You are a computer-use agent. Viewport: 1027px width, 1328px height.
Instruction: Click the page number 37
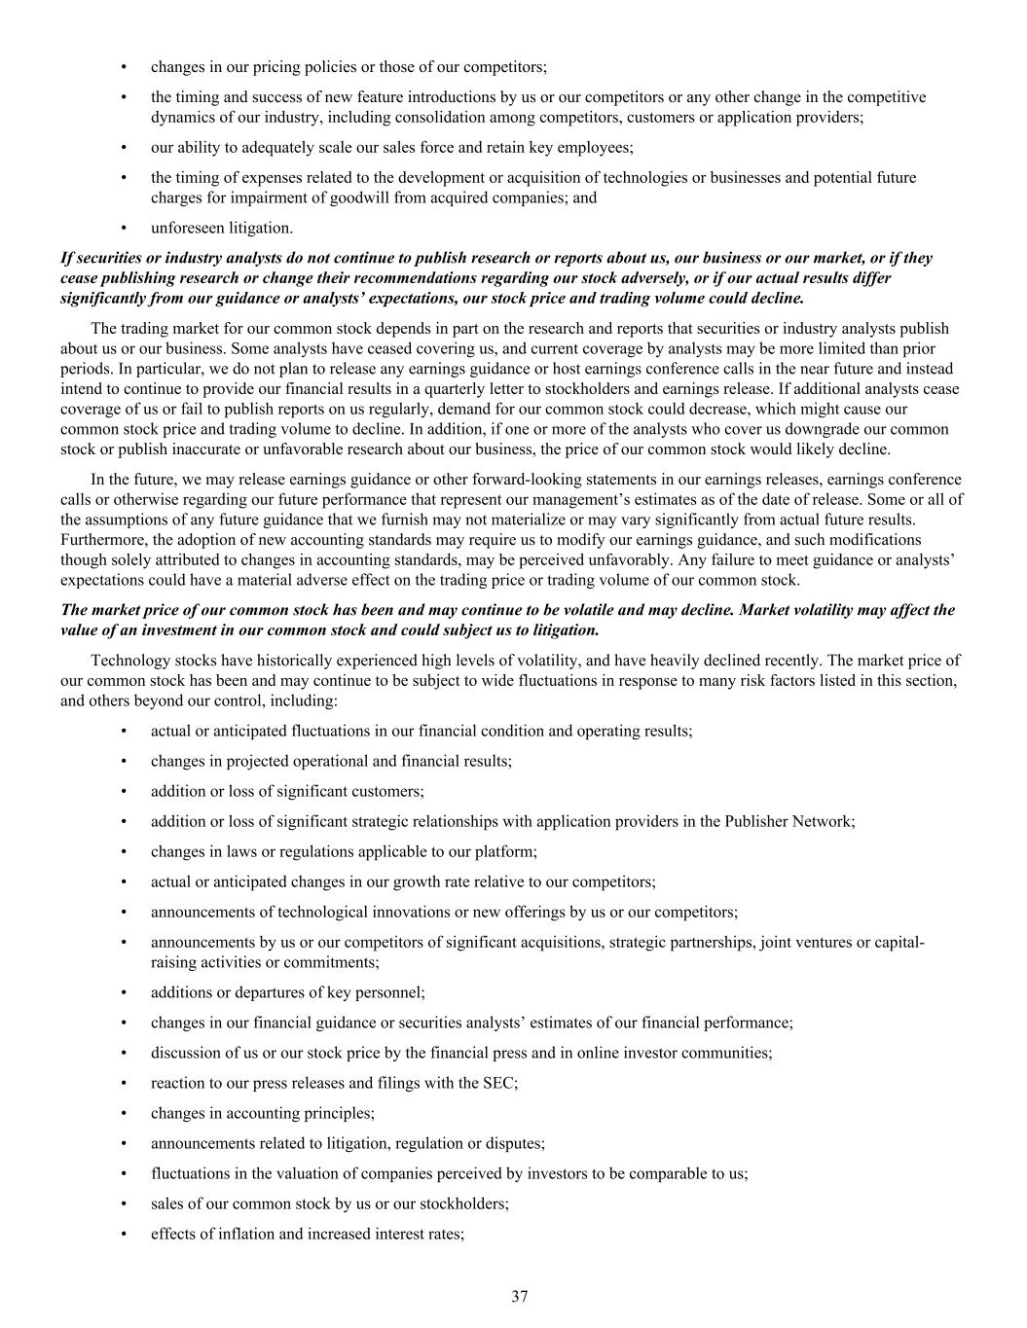click(x=520, y=1296)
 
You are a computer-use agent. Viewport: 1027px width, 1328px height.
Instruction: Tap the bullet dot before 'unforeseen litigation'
click(x=124, y=228)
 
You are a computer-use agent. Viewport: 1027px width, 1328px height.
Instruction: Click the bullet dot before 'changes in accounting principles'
click(x=124, y=1113)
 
